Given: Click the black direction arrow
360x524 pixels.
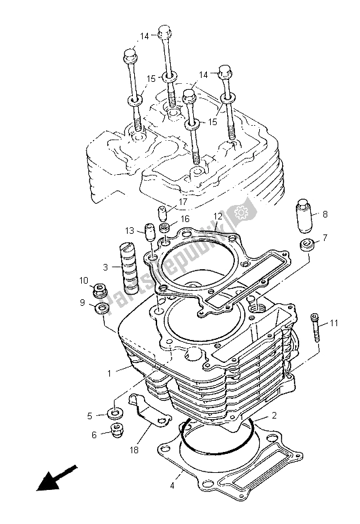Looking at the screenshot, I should (x=56, y=477).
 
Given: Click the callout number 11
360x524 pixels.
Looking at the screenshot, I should (x=334, y=324).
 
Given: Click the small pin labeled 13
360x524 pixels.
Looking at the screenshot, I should (x=149, y=232).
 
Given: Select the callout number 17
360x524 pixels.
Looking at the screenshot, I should (x=183, y=202).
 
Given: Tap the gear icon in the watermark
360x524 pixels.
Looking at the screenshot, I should (x=247, y=212).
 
